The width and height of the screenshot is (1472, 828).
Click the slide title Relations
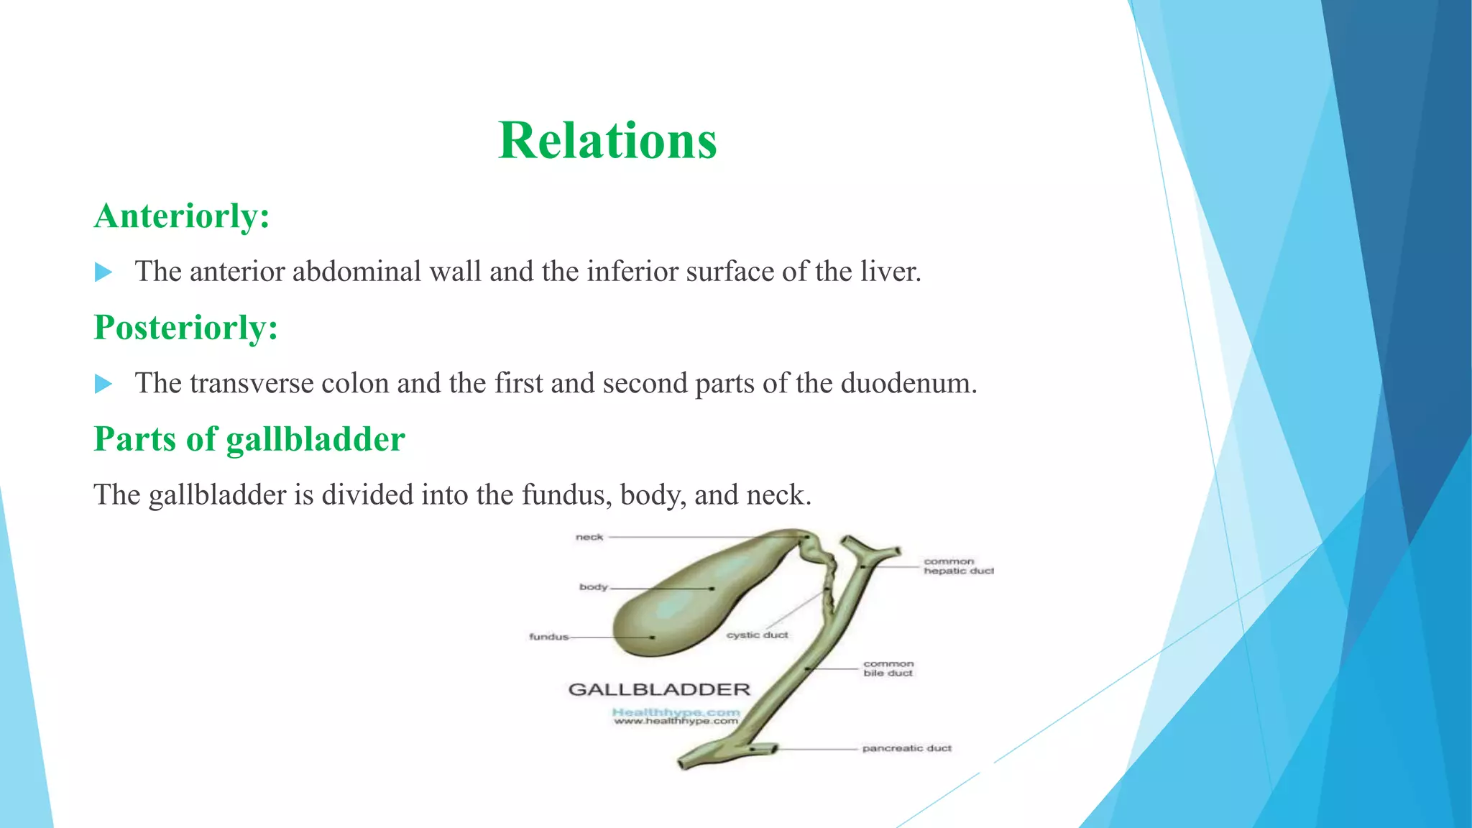click(x=607, y=140)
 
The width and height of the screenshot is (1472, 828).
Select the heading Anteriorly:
click(x=182, y=216)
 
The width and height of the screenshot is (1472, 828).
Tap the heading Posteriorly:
click(x=185, y=328)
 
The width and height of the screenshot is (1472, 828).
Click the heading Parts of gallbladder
click(x=249, y=439)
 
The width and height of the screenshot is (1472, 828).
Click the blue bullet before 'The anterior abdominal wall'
click(x=103, y=272)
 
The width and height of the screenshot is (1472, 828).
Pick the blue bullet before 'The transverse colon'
click(x=103, y=384)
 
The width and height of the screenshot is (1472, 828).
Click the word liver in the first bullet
click(x=890, y=272)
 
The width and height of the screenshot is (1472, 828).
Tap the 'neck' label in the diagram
click(x=589, y=537)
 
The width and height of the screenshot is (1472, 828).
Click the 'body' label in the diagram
click(x=594, y=587)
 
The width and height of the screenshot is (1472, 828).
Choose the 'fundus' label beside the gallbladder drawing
click(x=548, y=637)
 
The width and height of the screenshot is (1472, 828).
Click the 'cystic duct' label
click(x=757, y=635)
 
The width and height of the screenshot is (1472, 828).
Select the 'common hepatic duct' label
click(x=958, y=566)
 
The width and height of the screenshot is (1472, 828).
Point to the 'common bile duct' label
click(x=888, y=668)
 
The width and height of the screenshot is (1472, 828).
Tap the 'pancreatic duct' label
click(x=906, y=748)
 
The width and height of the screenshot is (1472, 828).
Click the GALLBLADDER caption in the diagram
click(x=659, y=690)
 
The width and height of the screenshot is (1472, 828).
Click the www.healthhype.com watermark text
click(x=676, y=721)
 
